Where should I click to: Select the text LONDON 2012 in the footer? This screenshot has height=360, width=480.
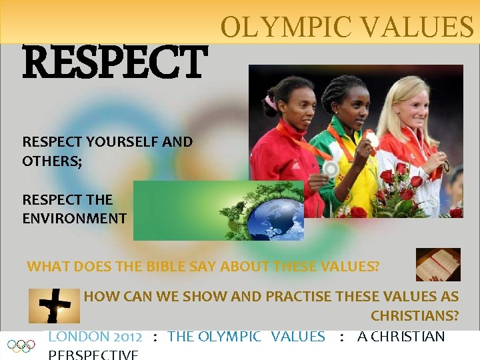95,337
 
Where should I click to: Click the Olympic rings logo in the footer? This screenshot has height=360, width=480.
21,346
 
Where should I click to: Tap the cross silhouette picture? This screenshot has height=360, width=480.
54,305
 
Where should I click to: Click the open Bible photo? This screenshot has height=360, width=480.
438,264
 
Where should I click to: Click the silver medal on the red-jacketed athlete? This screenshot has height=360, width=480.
330,169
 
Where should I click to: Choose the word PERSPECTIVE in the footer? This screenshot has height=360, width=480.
94,354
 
